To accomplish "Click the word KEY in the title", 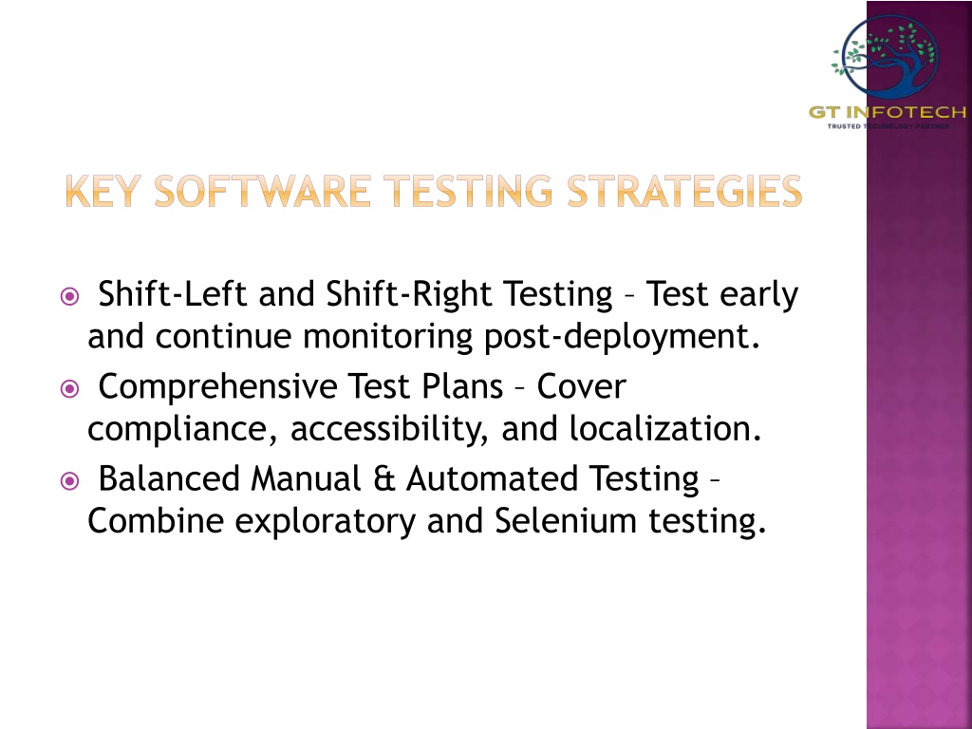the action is pyautogui.click(x=103, y=191).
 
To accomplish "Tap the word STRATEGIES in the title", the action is pyautogui.click(x=684, y=191).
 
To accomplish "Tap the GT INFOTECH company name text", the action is pyautogui.click(x=888, y=112).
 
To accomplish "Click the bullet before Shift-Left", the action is pyautogui.click(x=70, y=296).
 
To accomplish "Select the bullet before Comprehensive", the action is pyautogui.click(x=70, y=389).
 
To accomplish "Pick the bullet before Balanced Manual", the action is pyautogui.click(x=70, y=481).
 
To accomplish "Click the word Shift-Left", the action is pyautogui.click(x=173, y=293).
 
